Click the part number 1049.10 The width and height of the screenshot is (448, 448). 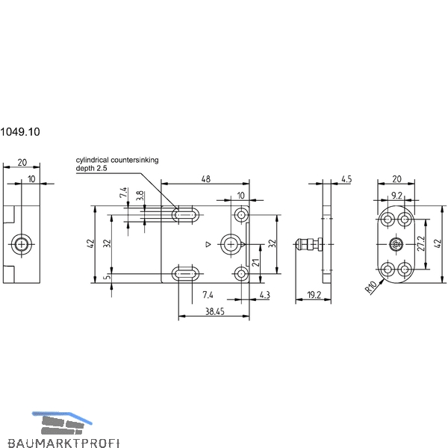click(x=19, y=132)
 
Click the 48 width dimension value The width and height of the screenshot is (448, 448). click(x=206, y=179)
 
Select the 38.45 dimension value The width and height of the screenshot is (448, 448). click(x=215, y=311)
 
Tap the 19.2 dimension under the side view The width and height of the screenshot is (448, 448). click(x=314, y=295)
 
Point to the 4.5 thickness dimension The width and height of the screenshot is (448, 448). click(x=346, y=179)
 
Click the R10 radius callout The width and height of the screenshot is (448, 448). click(x=371, y=287)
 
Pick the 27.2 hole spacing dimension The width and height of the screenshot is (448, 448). click(x=421, y=243)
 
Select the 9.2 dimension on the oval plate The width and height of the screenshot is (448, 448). click(x=396, y=196)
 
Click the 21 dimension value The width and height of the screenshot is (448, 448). click(x=255, y=263)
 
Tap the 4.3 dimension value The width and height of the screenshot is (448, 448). click(x=264, y=295)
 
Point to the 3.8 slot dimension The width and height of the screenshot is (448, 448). click(x=140, y=196)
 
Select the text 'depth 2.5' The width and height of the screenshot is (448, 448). click(x=91, y=168)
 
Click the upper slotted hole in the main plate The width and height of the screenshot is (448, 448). click(x=185, y=214)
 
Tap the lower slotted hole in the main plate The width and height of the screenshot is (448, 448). click(x=185, y=274)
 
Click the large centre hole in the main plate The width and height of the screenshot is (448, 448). click(x=230, y=245)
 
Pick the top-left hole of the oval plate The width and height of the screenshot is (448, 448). click(x=388, y=220)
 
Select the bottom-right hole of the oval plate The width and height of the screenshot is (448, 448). click(x=405, y=269)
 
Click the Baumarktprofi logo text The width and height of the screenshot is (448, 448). click(x=63, y=443)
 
